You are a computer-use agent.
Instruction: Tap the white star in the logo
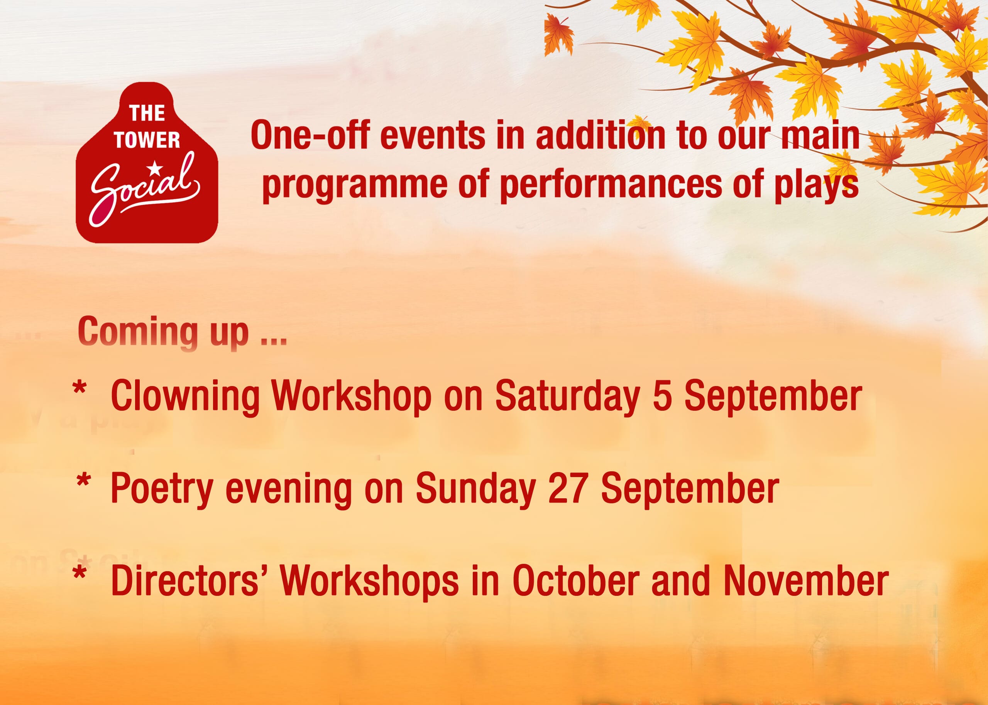click(154, 167)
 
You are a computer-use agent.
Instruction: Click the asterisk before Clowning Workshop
click(80, 387)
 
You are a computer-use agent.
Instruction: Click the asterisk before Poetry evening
click(83, 481)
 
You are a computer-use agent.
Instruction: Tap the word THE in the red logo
click(147, 113)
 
